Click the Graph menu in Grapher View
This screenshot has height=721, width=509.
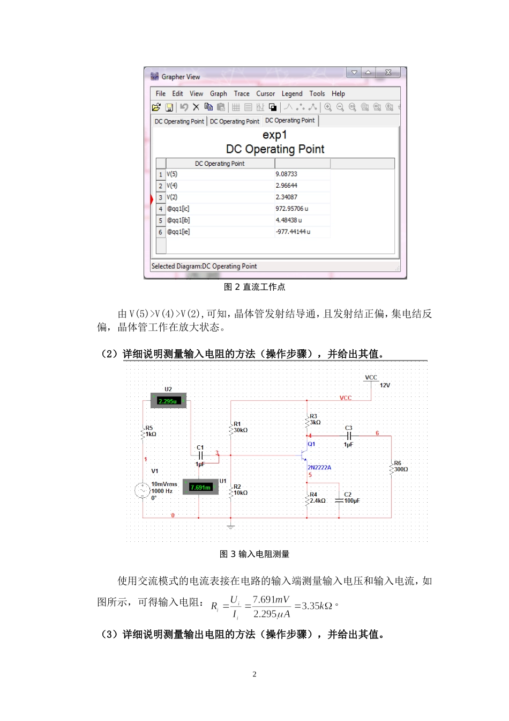[218, 93]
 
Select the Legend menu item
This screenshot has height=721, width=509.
[292, 93]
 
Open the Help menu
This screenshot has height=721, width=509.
[338, 93]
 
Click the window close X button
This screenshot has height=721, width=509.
[388, 72]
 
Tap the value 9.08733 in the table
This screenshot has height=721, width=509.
[286, 174]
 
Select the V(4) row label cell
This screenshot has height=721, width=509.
[172, 186]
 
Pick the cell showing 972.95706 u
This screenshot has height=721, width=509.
[291, 209]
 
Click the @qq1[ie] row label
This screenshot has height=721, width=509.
[178, 232]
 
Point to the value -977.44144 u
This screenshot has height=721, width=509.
[293, 232]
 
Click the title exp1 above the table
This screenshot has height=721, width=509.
[274, 135]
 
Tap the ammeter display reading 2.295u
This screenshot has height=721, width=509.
[168, 401]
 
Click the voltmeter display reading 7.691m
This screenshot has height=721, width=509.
[200, 487]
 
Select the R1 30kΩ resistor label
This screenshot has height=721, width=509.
[240, 427]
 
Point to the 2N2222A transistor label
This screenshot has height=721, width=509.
[319, 467]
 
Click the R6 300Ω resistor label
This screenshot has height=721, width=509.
[400, 466]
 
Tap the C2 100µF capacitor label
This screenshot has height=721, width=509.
[351, 498]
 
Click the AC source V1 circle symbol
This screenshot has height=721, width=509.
[142, 490]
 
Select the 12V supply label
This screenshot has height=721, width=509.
[385, 385]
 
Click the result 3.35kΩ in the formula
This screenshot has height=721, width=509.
[317, 606]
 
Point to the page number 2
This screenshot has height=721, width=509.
[254, 674]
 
